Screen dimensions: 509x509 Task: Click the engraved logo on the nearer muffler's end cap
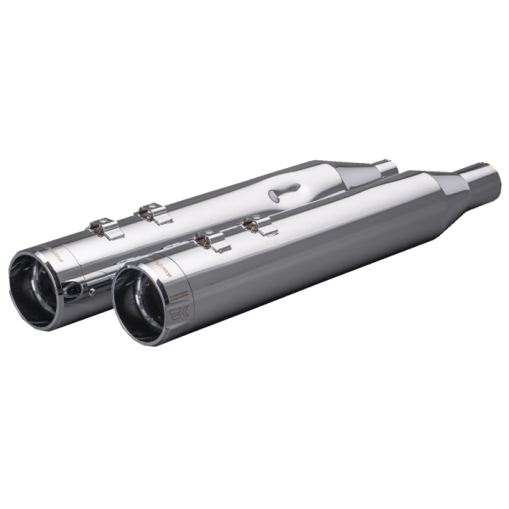pyautogui.click(x=176, y=311)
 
